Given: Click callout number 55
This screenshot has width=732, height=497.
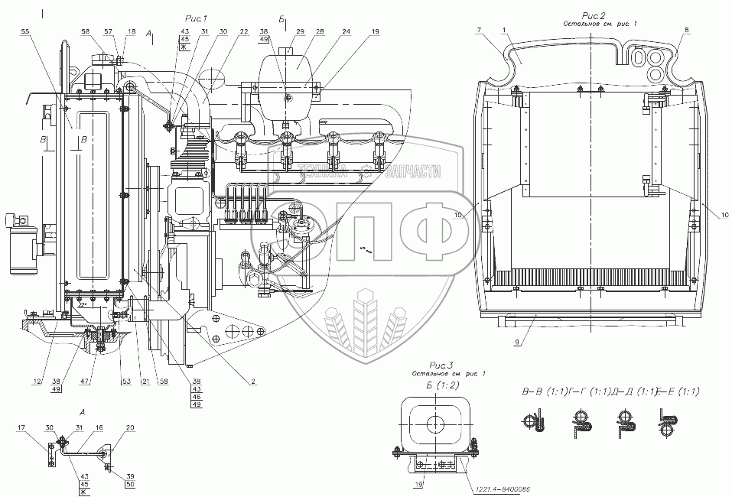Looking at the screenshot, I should (x=26, y=34).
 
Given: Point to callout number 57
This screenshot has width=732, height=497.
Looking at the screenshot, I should (x=109, y=31).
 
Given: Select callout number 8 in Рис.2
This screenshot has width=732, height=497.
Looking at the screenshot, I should (x=686, y=30).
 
